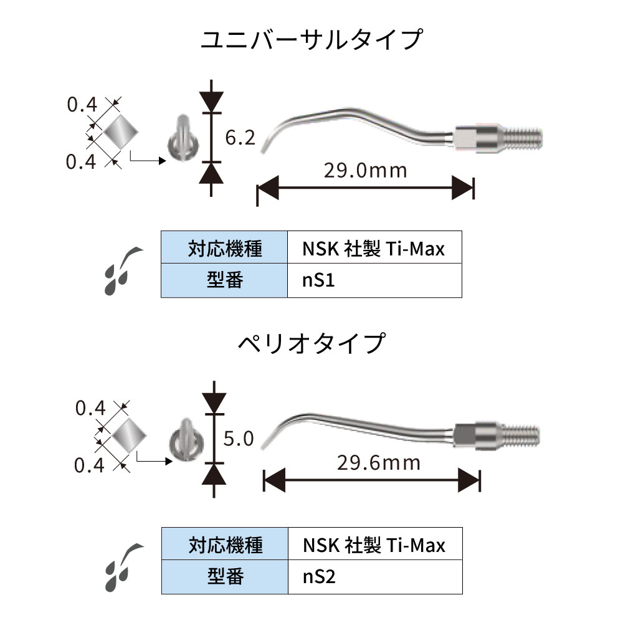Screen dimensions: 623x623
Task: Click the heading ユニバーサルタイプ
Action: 311,41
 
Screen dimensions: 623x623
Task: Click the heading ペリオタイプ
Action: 311,343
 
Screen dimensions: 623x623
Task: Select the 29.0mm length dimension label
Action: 365,169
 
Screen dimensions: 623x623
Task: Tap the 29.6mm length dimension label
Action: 378,463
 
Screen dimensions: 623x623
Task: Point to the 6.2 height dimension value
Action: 240,138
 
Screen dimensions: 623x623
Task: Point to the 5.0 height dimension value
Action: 239,439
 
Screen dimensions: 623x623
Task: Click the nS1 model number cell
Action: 374,280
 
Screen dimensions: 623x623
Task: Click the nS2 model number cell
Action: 374,576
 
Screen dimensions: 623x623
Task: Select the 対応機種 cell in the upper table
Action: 224,249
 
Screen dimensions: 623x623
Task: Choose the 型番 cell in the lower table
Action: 224,576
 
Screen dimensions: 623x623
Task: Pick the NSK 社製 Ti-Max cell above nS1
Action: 374,249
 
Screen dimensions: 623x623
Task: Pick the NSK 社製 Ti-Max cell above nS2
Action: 374,546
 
